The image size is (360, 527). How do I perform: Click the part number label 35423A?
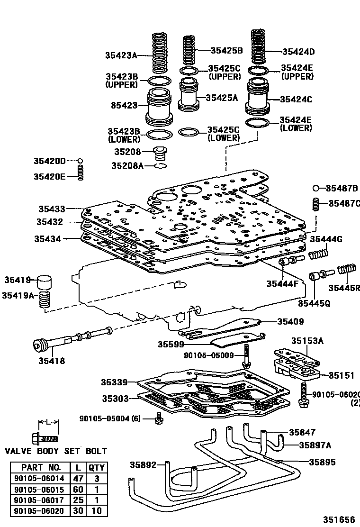(121, 55)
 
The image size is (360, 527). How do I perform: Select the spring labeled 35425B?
(189, 49)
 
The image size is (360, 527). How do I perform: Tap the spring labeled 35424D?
(258, 47)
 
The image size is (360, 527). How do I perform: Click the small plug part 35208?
(162, 154)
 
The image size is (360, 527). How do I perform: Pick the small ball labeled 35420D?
(80, 161)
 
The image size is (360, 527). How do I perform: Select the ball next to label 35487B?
(316, 188)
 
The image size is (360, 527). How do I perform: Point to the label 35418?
(52, 361)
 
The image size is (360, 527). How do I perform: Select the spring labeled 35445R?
(347, 271)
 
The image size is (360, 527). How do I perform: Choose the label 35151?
(342, 375)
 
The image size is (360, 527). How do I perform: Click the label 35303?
(116, 399)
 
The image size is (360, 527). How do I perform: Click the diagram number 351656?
(339, 519)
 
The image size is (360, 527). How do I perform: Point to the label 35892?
(143, 465)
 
